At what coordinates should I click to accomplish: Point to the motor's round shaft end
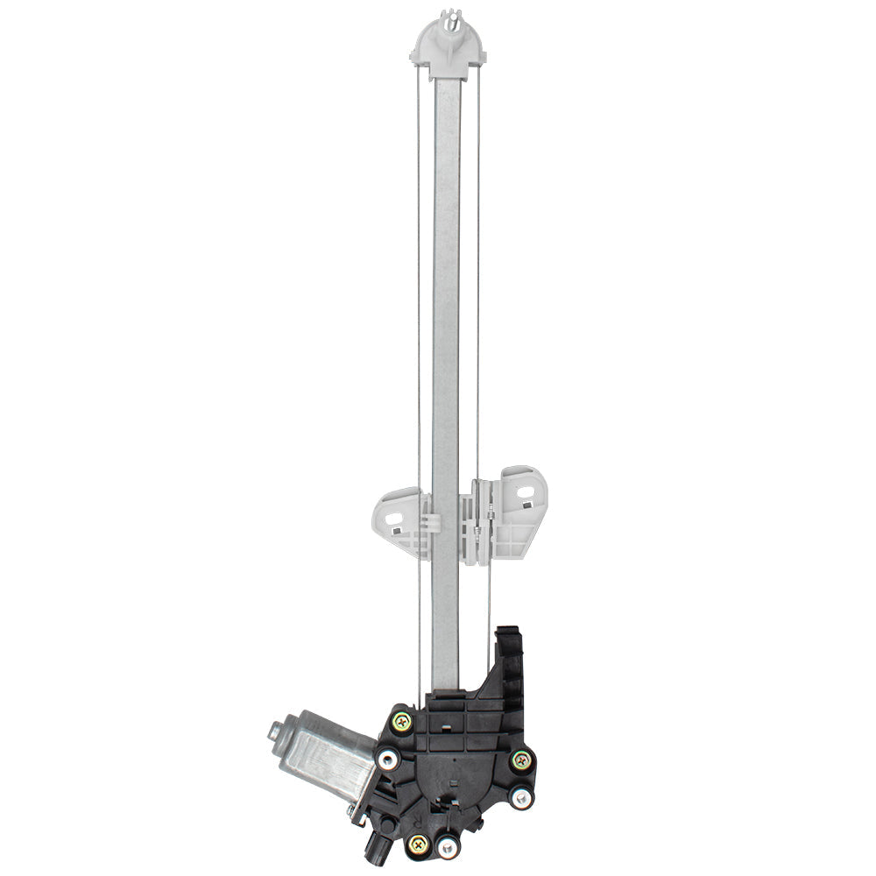coord(275,730)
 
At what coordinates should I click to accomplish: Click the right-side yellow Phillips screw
coord(521,759)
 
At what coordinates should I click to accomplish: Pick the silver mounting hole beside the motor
coord(386,757)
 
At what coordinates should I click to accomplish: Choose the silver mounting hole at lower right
coord(521,797)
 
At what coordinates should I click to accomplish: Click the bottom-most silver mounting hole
coord(448,845)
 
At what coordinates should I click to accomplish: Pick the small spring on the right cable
coord(478,526)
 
